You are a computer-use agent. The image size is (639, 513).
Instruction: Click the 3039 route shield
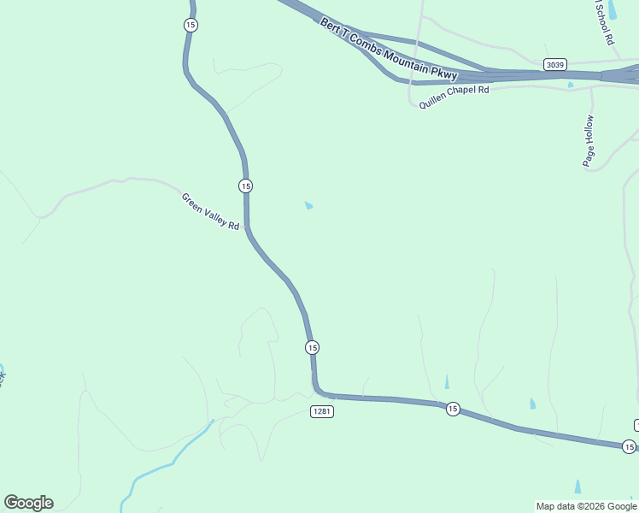[554, 64]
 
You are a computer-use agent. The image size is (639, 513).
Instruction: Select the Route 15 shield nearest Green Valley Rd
[246, 186]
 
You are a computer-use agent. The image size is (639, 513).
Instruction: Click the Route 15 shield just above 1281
[312, 347]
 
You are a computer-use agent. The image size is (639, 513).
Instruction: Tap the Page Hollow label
[589, 141]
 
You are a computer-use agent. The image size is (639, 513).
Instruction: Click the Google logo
[28, 503]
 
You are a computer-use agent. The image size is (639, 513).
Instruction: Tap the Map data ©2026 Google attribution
[586, 506]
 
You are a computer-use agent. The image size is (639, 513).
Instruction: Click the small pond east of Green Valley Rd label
[308, 205]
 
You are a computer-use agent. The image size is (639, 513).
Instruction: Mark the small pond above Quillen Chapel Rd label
[571, 85]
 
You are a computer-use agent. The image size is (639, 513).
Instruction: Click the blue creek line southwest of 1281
[171, 462]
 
